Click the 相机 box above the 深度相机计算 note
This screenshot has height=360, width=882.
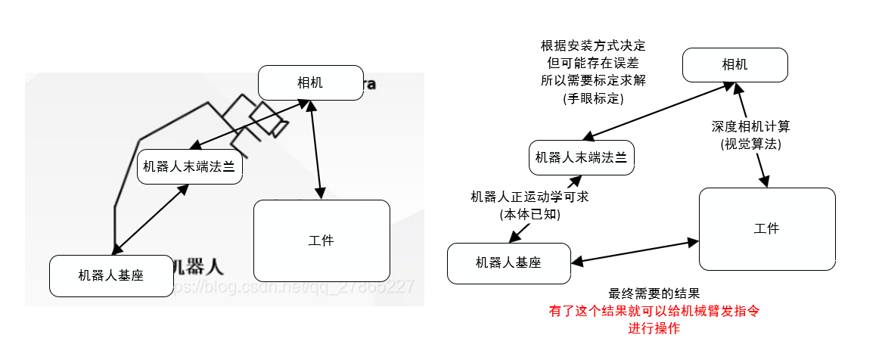[x=735, y=65]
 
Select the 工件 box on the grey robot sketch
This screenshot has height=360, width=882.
[x=321, y=241]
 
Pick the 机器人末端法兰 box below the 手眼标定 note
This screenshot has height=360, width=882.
[x=581, y=158]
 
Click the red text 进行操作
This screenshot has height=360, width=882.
[x=654, y=328]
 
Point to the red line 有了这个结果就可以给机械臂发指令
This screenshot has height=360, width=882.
[x=654, y=311]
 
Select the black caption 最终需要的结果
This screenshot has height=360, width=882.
[x=654, y=293]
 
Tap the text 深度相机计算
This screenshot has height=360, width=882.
[x=750, y=126]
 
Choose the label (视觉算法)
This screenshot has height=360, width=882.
[x=750, y=143]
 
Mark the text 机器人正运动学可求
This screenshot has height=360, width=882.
[x=530, y=197]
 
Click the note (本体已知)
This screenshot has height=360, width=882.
[x=530, y=214]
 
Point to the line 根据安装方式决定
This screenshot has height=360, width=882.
[x=593, y=45]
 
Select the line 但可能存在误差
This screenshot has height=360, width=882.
[x=593, y=63]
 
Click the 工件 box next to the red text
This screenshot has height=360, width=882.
[x=767, y=228]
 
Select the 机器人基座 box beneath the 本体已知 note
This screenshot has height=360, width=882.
[x=508, y=263]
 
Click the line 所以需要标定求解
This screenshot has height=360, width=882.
[x=593, y=80]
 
